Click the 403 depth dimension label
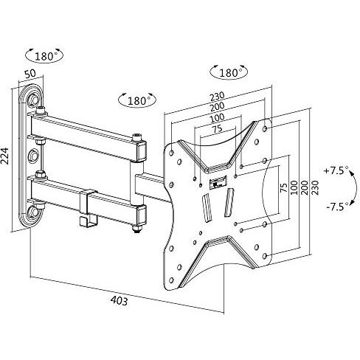pos(119,301)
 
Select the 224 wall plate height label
pos(5,156)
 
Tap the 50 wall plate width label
pos(30,74)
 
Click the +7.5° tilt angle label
pos(336,170)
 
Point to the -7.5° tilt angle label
pos(338,207)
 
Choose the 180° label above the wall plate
pos(44,56)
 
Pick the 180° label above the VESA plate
pos(229,73)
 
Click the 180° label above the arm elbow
pos(137,100)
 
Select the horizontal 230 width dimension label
pos(217,96)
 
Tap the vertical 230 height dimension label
pos(315,187)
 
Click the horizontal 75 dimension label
pos(217,129)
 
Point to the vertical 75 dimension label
pos(284,187)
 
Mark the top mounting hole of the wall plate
pos(33,100)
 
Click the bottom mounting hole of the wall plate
pos(32,212)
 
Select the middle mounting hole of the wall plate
pos(32,156)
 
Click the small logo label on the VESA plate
pos(218,182)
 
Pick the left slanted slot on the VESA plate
pos(207,208)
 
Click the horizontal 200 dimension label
pos(217,107)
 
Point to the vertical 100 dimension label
pos(294,187)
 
